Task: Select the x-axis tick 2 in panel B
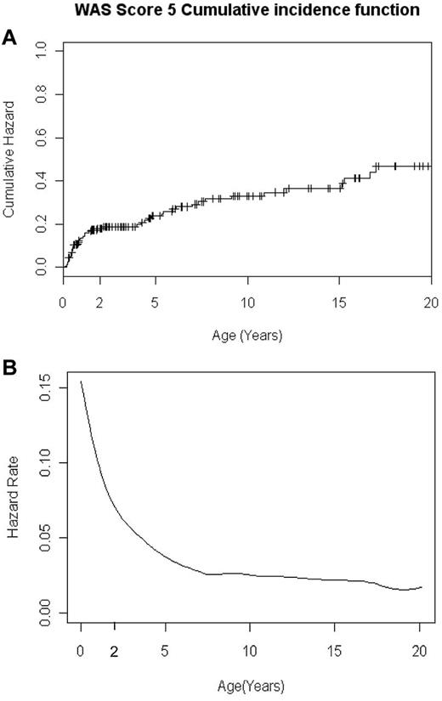[x=115, y=650]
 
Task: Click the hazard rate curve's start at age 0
[x=81, y=382]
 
